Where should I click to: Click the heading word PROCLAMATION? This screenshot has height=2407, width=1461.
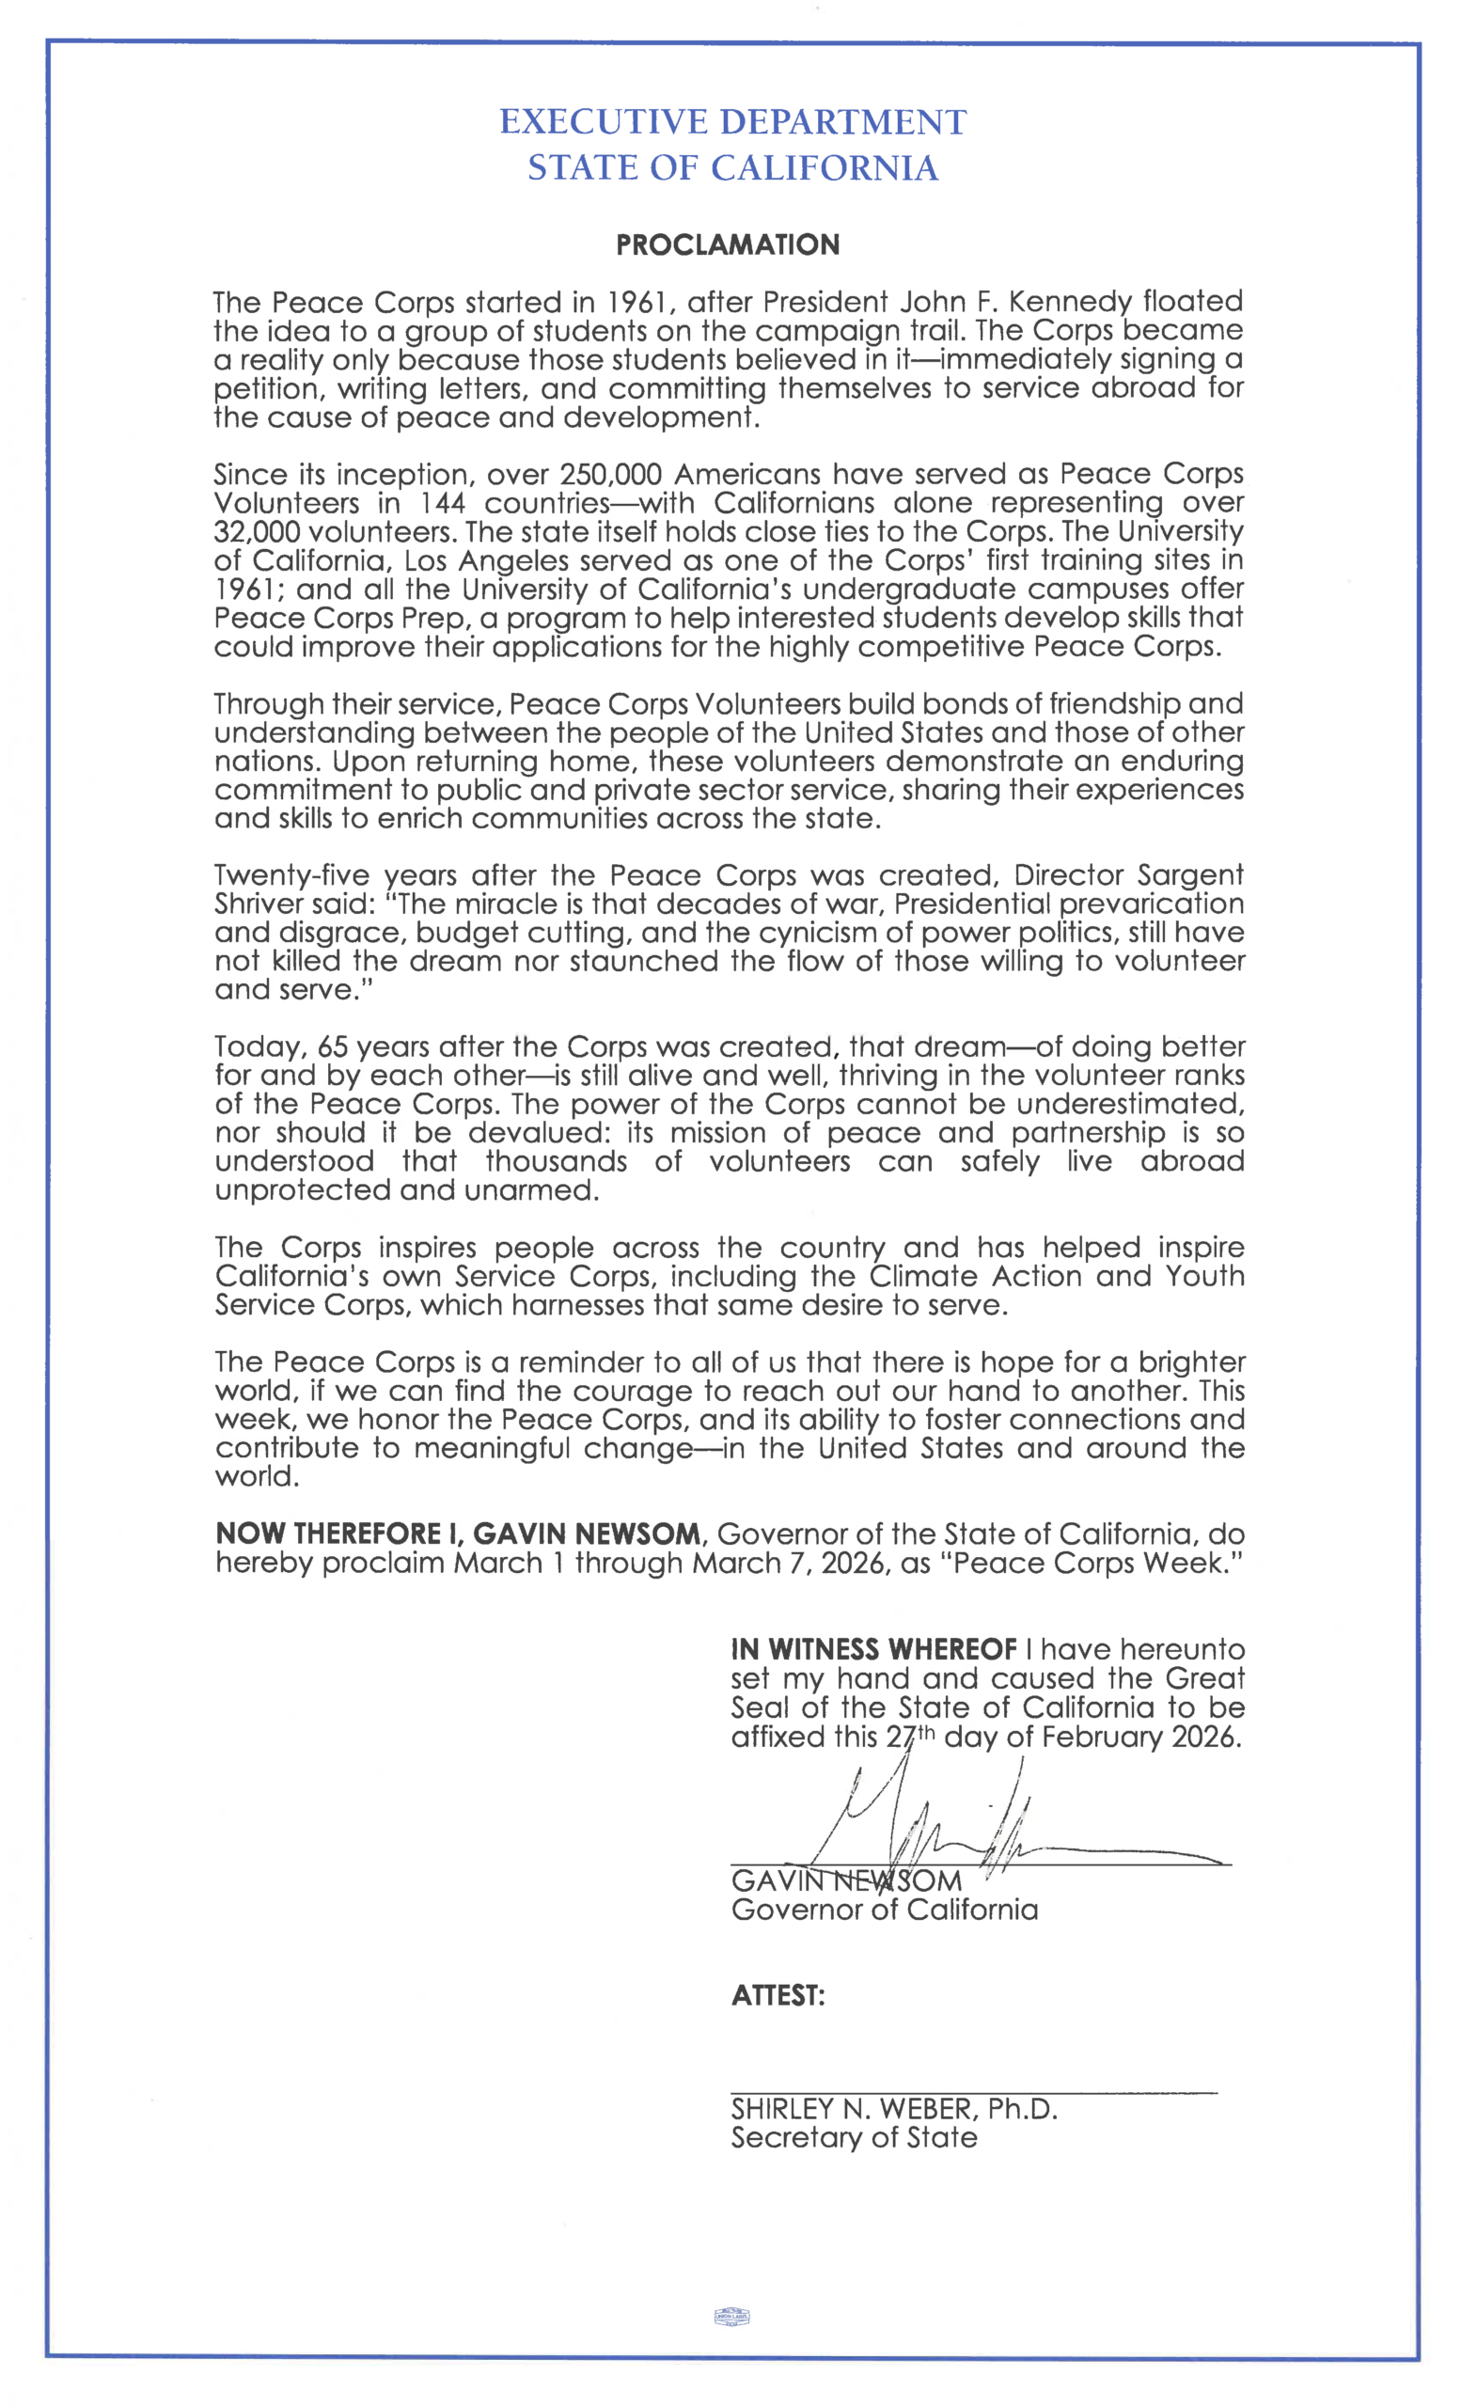[728, 244]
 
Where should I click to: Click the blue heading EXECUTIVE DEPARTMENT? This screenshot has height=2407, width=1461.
[732, 122]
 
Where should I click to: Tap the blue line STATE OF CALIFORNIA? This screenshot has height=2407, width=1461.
[732, 168]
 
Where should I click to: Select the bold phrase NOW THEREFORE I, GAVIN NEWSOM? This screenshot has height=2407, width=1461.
[458, 1534]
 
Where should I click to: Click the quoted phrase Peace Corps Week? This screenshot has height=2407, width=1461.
[1091, 1563]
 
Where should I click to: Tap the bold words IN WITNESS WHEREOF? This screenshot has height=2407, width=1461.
[874, 1650]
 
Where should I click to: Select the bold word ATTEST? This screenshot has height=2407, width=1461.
[778, 1995]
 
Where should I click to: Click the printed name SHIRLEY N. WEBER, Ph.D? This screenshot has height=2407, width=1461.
[893, 2108]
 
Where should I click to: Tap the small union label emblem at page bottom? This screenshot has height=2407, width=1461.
[731, 2316]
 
